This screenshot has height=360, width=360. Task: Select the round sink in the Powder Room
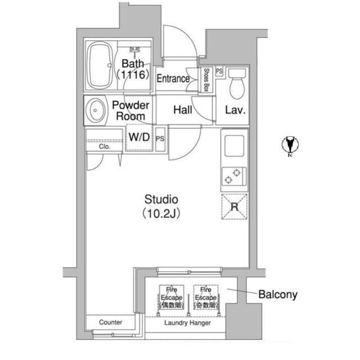pyautogui.click(x=96, y=110)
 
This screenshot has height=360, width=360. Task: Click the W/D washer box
pyautogui.click(x=139, y=137)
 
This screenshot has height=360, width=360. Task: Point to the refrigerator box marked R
pyautogui.click(x=233, y=205)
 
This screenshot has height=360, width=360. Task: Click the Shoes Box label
pyautogui.click(x=206, y=79)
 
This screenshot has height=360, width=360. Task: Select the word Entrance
pyautogui.click(x=173, y=79)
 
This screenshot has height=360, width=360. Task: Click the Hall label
pyautogui.click(x=183, y=110)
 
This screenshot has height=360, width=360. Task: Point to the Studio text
pyautogui.click(x=161, y=199)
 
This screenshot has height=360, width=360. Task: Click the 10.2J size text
pyautogui.click(x=161, y=213)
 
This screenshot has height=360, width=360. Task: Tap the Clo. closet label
pyautogui.click(x=105, y=146)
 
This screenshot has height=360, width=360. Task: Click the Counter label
pyautogui.click(x=110, y=322)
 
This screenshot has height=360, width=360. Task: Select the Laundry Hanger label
pyautogui.click(x=187, y=323)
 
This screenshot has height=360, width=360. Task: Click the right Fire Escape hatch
pyautogui.click(x=205, y=297)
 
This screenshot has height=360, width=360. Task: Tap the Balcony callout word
pyautogui.click(x=278, y=294)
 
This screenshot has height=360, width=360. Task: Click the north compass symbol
pyautogui.click(x=290, y=145)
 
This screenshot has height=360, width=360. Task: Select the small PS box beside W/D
pyautogui.click(x=160, y=137)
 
